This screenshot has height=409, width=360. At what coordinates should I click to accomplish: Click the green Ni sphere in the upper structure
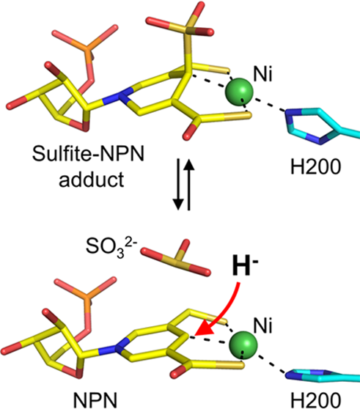click(x=239, y=91)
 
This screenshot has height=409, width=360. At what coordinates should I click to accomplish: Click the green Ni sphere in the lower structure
click(x=243, y=345)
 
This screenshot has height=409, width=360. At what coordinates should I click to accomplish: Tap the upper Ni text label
click(x=262, y=75)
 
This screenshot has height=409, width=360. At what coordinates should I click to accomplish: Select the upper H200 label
click(x=315, y=166)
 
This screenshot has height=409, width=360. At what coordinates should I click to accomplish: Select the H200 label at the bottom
click(x=315, y=400)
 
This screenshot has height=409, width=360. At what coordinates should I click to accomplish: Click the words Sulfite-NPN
click(x=88, y=154)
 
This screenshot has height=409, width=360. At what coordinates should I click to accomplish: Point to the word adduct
click(x=92, y=180)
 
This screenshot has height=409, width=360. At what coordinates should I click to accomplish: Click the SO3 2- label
click(x=111, y=248)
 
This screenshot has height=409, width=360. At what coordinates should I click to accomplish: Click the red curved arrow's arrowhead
click(x=205, y=328)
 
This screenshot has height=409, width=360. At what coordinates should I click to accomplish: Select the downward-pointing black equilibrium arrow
click(x=179, y=184)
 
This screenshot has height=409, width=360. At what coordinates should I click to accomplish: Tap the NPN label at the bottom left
click(x=95, y=400)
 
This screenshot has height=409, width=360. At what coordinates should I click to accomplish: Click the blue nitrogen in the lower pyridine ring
click(x=120, y=346)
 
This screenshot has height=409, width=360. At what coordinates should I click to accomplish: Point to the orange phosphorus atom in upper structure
click(x=88, y=50)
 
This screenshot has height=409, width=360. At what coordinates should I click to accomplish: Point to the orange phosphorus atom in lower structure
click(x=88, y=300)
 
